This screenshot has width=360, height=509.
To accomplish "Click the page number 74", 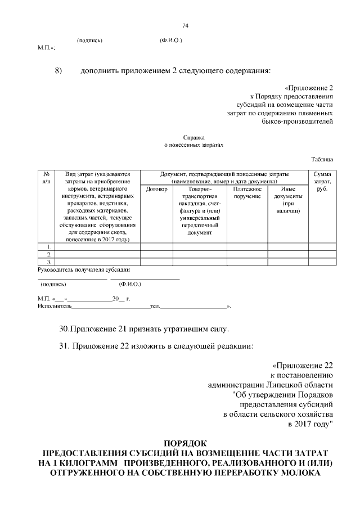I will (x=185, y=26).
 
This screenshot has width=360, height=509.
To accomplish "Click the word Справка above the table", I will (x=193, y=137).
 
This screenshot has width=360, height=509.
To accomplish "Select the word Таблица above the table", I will (x=322, y=160).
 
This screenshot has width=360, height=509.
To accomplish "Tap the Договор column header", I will (x=156, y=190).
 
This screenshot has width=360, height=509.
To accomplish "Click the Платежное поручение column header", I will (x=247, y=193).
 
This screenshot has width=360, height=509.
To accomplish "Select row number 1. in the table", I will (x=49, y=247).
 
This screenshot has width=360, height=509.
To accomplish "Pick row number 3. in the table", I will (x=49, y=262).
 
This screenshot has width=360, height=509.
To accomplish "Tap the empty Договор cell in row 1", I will (x=156, y=247).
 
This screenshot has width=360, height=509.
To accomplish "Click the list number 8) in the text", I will (x=57, y=71).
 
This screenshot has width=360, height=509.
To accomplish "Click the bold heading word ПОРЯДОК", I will (x=185, y=443).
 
